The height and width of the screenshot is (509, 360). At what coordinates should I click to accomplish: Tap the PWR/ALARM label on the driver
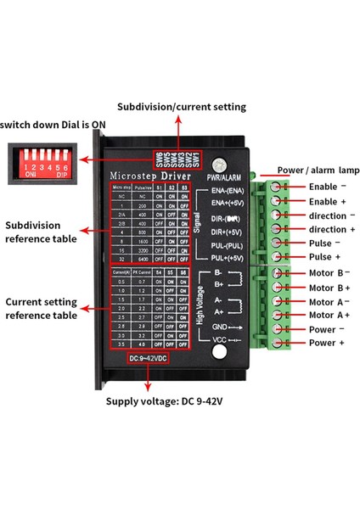click(223, 176)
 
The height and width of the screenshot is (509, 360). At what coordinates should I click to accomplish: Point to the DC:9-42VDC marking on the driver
click(153, 359)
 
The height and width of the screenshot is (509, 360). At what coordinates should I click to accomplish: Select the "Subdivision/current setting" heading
click(182, 107)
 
